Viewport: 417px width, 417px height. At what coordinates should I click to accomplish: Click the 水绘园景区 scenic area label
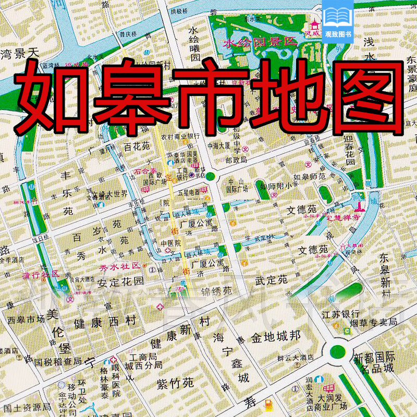click(260, 43)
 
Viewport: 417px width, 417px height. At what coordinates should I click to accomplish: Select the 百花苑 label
click(137, 147)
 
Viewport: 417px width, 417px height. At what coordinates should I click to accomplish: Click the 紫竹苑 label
click(175, 383)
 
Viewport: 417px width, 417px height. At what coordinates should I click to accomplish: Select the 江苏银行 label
click(341, 313)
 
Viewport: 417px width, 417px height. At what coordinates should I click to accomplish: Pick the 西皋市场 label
click(26, 320)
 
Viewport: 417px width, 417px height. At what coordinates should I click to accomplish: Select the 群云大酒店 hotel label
click(295, 358)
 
